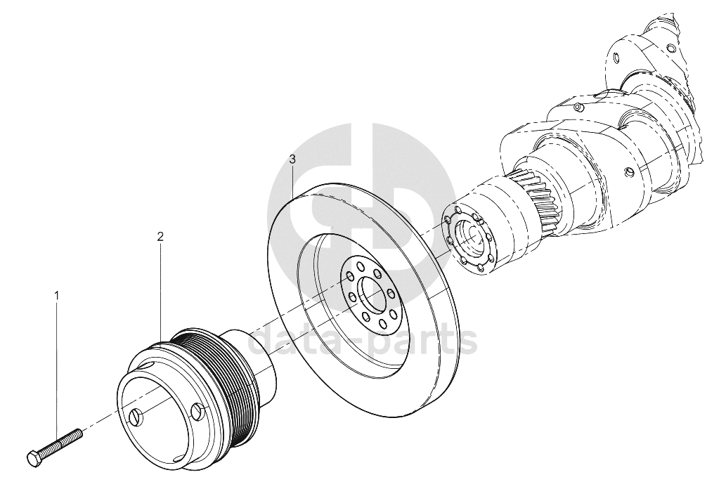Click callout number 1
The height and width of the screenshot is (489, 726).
click(x=57, y=294)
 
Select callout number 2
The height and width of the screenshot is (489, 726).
click(x=160, y=237)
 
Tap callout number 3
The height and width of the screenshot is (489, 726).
click(x=292, y=160)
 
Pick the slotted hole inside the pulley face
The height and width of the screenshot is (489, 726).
click(x=135, y=417)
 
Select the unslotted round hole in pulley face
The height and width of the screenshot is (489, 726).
click(x=197, y=410)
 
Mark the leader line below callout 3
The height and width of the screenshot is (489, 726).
click(x=292, y=183)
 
